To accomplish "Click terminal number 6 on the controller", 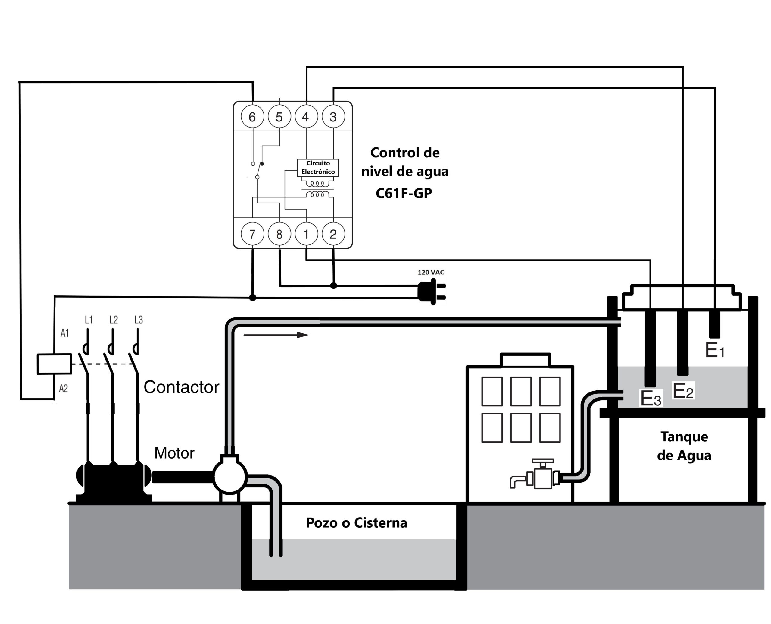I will (x=252, y=117).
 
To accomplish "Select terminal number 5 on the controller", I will (x=279, y=117).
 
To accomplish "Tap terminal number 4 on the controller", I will (x=306, y=117).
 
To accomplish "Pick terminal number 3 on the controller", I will (x=333, y=117).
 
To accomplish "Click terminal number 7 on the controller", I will (x=252, y=234).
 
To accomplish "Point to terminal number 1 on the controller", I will (x=306, y=234).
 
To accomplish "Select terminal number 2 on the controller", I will (x=333, y=234).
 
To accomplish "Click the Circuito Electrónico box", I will (x=318, y=168).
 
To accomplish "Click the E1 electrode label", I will (x=715, y=350).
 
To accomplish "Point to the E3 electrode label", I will (x=651, y=398).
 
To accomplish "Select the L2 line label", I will (x=114, y=320).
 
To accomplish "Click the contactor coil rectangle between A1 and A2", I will (x=54, y=364).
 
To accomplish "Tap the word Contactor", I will (x=181, y=387).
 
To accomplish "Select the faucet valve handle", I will (x=543, y=461).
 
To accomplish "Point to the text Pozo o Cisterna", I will (x=356, y=523).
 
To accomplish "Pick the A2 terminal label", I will (x=63, y=389).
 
